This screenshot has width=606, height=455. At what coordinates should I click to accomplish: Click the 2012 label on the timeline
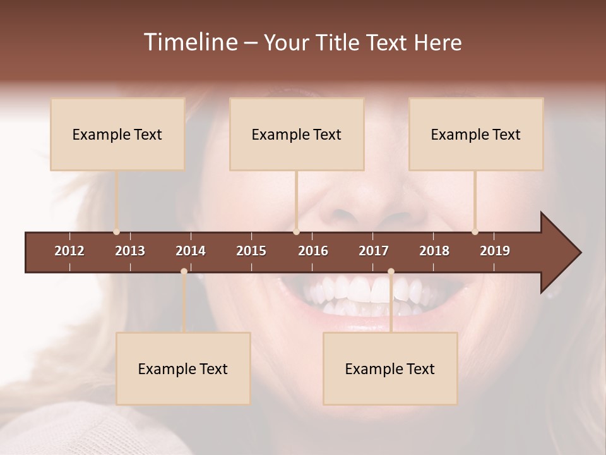(69, 251)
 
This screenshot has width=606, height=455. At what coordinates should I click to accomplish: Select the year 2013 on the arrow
(130, 251)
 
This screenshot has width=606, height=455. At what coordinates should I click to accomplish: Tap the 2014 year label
(191, 251)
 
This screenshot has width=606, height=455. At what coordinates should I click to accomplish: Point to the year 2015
(251, 251)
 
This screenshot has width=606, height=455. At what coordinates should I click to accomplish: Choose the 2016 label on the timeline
(313, 251)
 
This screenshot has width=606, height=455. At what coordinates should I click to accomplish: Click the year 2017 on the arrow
(374, 251)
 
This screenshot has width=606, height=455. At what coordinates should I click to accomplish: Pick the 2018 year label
(434, 251)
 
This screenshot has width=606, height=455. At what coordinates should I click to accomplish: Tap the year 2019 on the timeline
(495, 251)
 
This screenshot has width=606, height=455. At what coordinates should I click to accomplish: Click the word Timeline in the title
(190, 42)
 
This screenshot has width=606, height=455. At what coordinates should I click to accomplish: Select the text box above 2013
(117, 134)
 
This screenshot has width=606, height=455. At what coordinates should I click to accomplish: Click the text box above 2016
(297, 134)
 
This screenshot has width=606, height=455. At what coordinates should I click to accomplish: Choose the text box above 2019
(476, 134)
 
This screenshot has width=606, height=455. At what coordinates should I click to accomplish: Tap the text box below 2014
(183, 368)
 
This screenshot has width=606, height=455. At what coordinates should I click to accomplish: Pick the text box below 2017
(390, 368)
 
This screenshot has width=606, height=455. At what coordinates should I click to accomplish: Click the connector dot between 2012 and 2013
(117, 232)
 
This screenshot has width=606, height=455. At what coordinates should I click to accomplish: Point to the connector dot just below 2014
(184, 272)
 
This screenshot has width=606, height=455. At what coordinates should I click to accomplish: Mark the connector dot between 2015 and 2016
(297, 232)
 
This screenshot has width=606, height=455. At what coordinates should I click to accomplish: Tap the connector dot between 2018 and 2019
(475, 232)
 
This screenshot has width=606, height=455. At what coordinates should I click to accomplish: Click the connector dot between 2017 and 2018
(391, 272)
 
